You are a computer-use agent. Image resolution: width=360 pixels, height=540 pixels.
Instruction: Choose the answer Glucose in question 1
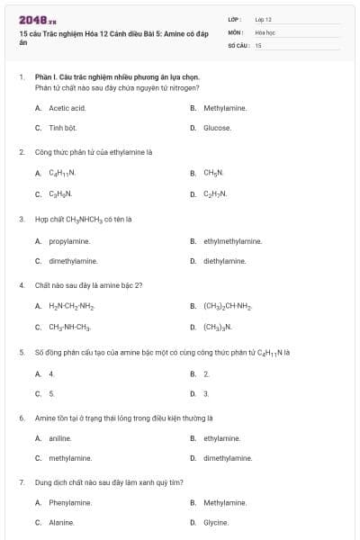[x=217, y=128]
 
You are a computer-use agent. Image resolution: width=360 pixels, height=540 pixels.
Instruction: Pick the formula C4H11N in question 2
[x=62, y=173]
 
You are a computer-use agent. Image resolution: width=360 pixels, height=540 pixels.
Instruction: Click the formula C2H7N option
[x=215, y=193]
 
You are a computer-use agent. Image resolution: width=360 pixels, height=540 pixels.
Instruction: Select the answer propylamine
[x=69, y=241]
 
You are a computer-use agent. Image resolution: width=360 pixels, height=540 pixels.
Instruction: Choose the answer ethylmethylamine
[x=232, y=241]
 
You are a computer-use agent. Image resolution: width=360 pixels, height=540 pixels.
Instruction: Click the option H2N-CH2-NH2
[x=71, y=307]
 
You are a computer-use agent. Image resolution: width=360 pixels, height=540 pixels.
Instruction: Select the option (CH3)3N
[x=217, y=328]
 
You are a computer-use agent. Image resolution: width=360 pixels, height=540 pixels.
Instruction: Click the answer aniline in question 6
[x=59, y=438]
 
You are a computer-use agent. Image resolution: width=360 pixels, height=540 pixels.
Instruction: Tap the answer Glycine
[x=216, y=523]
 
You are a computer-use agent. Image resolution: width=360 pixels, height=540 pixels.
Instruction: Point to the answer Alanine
[x=61, y=523]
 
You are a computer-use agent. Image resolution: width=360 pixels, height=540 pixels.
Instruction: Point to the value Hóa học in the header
[x=265, y=31]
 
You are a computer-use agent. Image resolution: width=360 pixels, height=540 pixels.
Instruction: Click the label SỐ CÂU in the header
[x=237, y=44]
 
